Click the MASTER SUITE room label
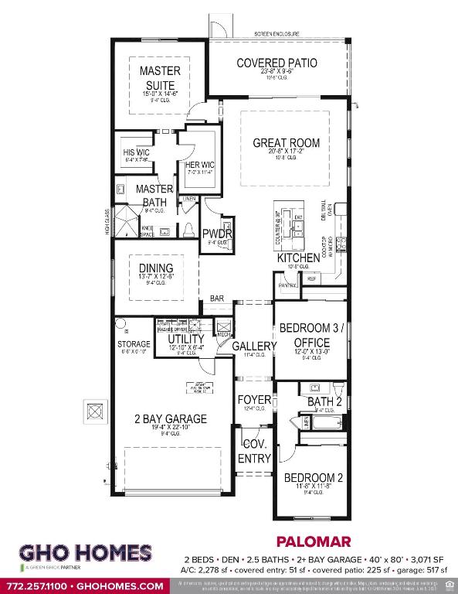pyautogui.click(x=160, y=77)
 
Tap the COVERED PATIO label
pyautogui.click(x=276, y=63)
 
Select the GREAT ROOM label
pyautogui.click(x=286, y=143)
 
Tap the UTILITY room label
pyautogui.click(x=186, y=339)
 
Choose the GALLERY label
pyautogui.click(x=254, y=346)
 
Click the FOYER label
pyautogui.click(x=254, y=400)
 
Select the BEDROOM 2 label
pyautogui.click(x=312, y=477)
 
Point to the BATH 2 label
pyautogui.click(x=324, y=402)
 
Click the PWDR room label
pyautogui.click(x=212, y=234)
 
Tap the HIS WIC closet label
pyautogui.click(x=135, y=152)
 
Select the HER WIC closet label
pyautogui.click(x=198, y=164)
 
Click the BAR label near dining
pyautogui.click(x=217, y=298)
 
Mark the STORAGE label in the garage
pyautogui.click(x=134, y=343)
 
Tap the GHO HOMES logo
pyautogui.click(x=85, y=554)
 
